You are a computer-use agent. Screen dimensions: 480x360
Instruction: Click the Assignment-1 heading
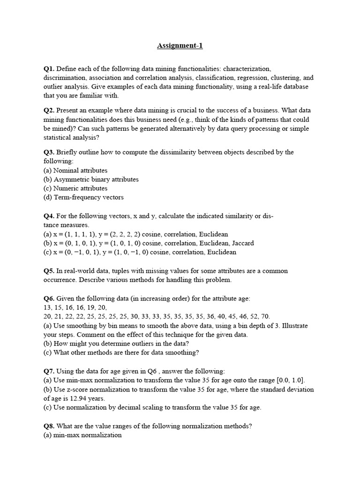tap(180, 46)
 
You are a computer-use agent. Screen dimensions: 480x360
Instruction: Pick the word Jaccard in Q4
tap(242, 243)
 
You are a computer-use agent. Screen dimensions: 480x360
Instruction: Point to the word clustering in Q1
tap(287, 78)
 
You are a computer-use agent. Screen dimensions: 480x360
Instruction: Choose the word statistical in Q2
tap(62, 138)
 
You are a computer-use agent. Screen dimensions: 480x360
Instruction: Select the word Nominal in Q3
tap(67, 171)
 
